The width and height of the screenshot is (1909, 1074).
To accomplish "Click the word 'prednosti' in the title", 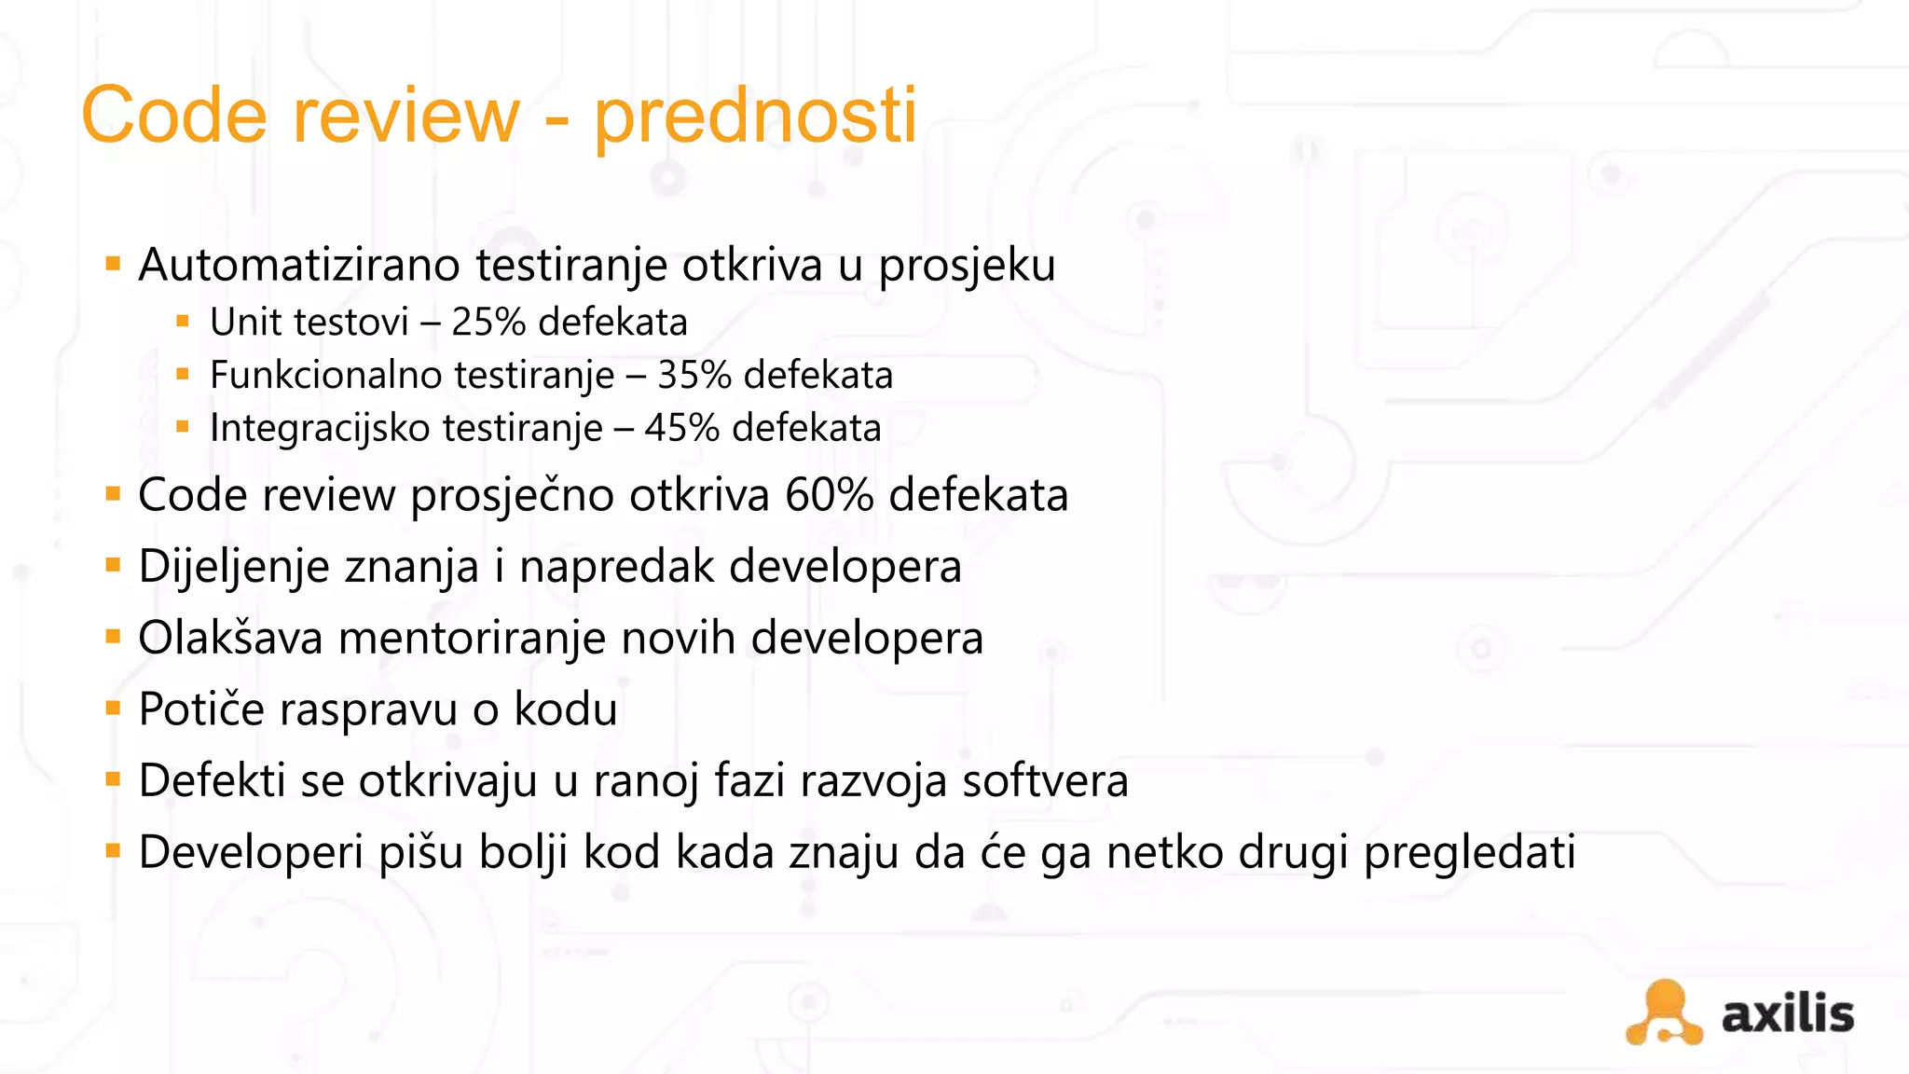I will coord(755,117).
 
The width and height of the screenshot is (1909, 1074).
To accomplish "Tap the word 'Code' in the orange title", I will coord(174,115).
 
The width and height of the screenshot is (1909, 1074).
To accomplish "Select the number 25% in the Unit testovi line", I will coord(488,323).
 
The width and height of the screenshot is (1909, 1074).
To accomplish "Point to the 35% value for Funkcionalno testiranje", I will coord(694,376).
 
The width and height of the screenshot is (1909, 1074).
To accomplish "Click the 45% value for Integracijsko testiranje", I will coord(681,429).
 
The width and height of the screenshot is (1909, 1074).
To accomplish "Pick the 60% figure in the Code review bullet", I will coord(829,495).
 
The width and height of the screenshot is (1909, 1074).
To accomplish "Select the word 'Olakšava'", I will coord(230,639).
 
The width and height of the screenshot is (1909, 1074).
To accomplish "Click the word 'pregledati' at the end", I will coord(1469,853).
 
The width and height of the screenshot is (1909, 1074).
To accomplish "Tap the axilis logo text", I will coord(1787,1014).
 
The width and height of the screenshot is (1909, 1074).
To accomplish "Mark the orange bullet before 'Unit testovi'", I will coord(183,323).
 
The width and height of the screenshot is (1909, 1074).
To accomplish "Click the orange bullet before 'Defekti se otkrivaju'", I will coord(114,779).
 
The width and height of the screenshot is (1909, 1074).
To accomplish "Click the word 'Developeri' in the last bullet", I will coord(251,853).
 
